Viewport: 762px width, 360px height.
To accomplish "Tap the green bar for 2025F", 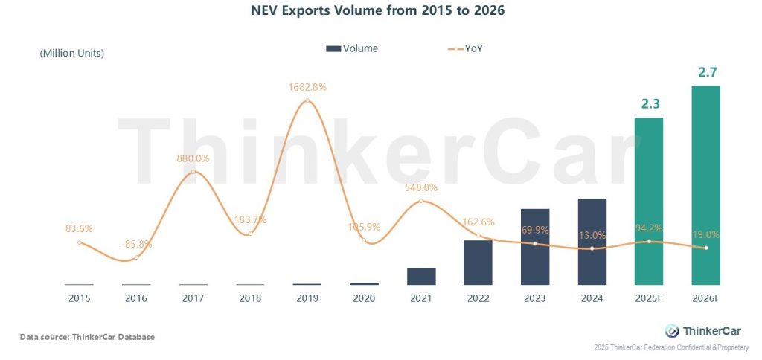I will point(649,201).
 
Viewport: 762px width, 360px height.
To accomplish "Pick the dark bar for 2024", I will point(592,241).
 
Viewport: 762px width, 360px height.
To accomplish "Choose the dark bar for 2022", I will point(478,262).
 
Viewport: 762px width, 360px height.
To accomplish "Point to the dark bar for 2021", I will point(421,276).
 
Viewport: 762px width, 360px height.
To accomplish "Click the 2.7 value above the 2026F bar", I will point(706,73).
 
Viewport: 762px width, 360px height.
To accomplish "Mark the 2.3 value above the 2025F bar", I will point(650,104).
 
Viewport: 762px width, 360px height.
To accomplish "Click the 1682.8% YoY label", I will point(307,87).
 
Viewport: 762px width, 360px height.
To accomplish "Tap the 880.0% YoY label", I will point(193,158).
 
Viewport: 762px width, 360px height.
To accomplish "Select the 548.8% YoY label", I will point(421,187).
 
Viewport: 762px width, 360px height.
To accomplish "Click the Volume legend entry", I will point(352,48).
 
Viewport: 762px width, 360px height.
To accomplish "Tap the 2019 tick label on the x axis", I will point(307,298).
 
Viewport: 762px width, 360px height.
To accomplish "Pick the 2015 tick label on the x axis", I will point(79,298).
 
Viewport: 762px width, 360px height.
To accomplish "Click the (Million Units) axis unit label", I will point(71,53).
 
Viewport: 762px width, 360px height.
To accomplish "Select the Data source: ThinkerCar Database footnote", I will point(87,337).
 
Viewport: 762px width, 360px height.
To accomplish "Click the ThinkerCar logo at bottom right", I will point(703,331).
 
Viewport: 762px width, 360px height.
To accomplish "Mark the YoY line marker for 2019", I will point(307,100).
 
